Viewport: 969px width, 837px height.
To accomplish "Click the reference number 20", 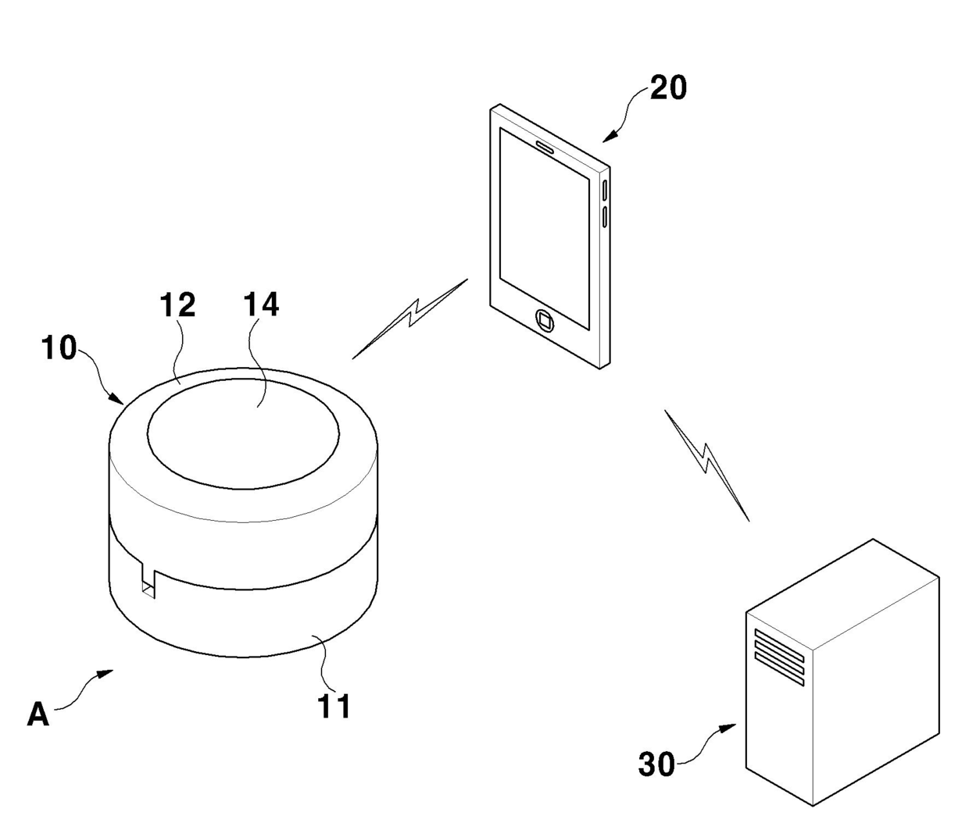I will [668, 87].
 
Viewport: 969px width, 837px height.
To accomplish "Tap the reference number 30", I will [656, 764].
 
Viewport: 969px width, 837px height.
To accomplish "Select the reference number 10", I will [59, 347].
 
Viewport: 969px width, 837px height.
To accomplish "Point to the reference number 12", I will [177, 305].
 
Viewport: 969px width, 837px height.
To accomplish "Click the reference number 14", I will [261, 305].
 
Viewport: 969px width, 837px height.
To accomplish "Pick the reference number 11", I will [334, 706].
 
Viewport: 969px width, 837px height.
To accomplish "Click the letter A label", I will [38, 714].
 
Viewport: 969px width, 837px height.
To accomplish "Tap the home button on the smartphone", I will [545, 319].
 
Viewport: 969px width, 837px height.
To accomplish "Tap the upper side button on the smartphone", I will [605, 190].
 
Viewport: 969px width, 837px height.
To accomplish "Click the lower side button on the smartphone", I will [605, 216].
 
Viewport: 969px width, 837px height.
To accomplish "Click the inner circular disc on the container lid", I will [243, 434].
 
